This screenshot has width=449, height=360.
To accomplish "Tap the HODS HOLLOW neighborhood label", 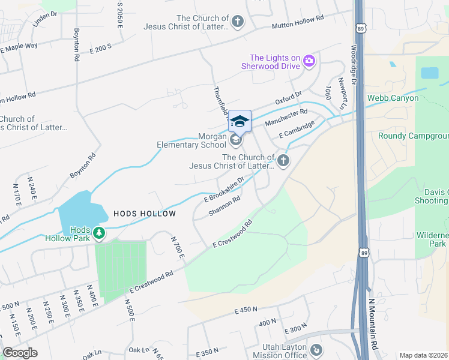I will tap(145, 214).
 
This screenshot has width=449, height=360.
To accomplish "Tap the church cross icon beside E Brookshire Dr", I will tap(283, 160).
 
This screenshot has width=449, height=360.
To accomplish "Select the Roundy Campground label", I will tap(413, 136).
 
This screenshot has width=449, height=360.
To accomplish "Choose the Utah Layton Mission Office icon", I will tap(316, 349).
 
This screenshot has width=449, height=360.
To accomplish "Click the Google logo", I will tap(20, 353).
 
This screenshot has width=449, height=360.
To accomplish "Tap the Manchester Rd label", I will tap(286, 116).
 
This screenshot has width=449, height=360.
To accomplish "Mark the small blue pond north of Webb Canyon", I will tap(429, 73).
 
